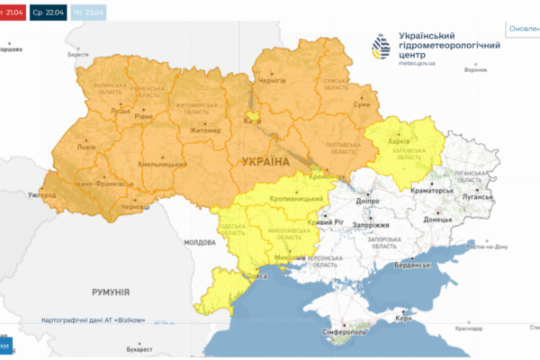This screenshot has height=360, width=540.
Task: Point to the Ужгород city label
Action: tap(42, 194)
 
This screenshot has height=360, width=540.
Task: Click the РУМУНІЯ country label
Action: tap(111, 292)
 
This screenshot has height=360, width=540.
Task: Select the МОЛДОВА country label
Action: tap(201, 243)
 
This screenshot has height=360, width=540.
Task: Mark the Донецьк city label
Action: tap(438, 219)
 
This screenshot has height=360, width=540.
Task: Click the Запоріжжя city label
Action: tap(369, 225)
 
